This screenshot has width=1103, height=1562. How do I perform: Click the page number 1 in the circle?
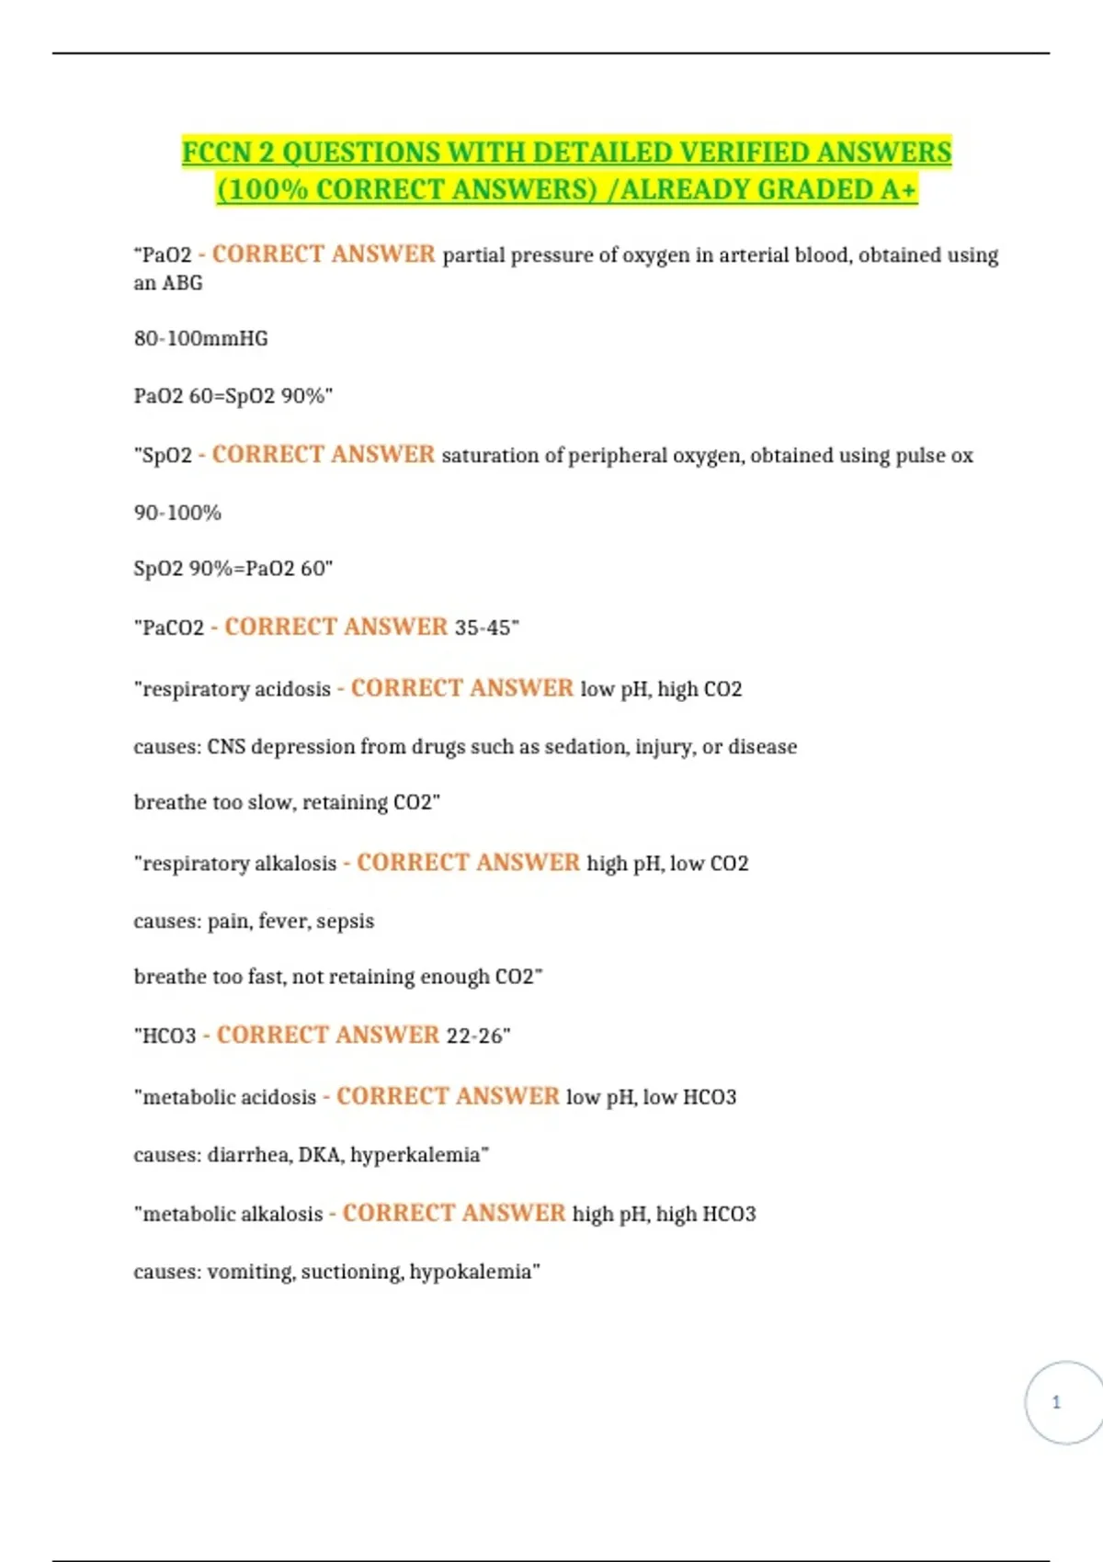[1056, 1402]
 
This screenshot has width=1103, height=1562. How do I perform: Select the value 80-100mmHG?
[201, 338]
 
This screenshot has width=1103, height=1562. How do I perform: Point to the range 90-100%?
[177, 512]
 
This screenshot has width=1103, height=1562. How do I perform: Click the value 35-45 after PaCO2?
[483, 628]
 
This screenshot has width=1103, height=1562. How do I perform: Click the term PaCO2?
[173, 628]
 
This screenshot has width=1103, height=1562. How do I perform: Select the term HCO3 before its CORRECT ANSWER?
[169, 1036]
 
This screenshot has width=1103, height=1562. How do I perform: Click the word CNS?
[226, 746]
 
